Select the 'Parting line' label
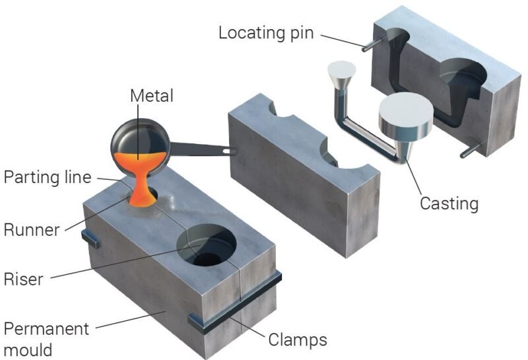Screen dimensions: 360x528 pyautogui.click(x=47, y=178)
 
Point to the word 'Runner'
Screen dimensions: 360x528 pyautogui.click(x=32, y=230)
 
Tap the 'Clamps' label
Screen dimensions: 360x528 pyautogui.click(x=298, y=340)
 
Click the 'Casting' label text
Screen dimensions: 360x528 pyautogui.click(x=449, y=203)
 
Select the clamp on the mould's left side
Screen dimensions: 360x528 pyautogui.click(x=90, y=238)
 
